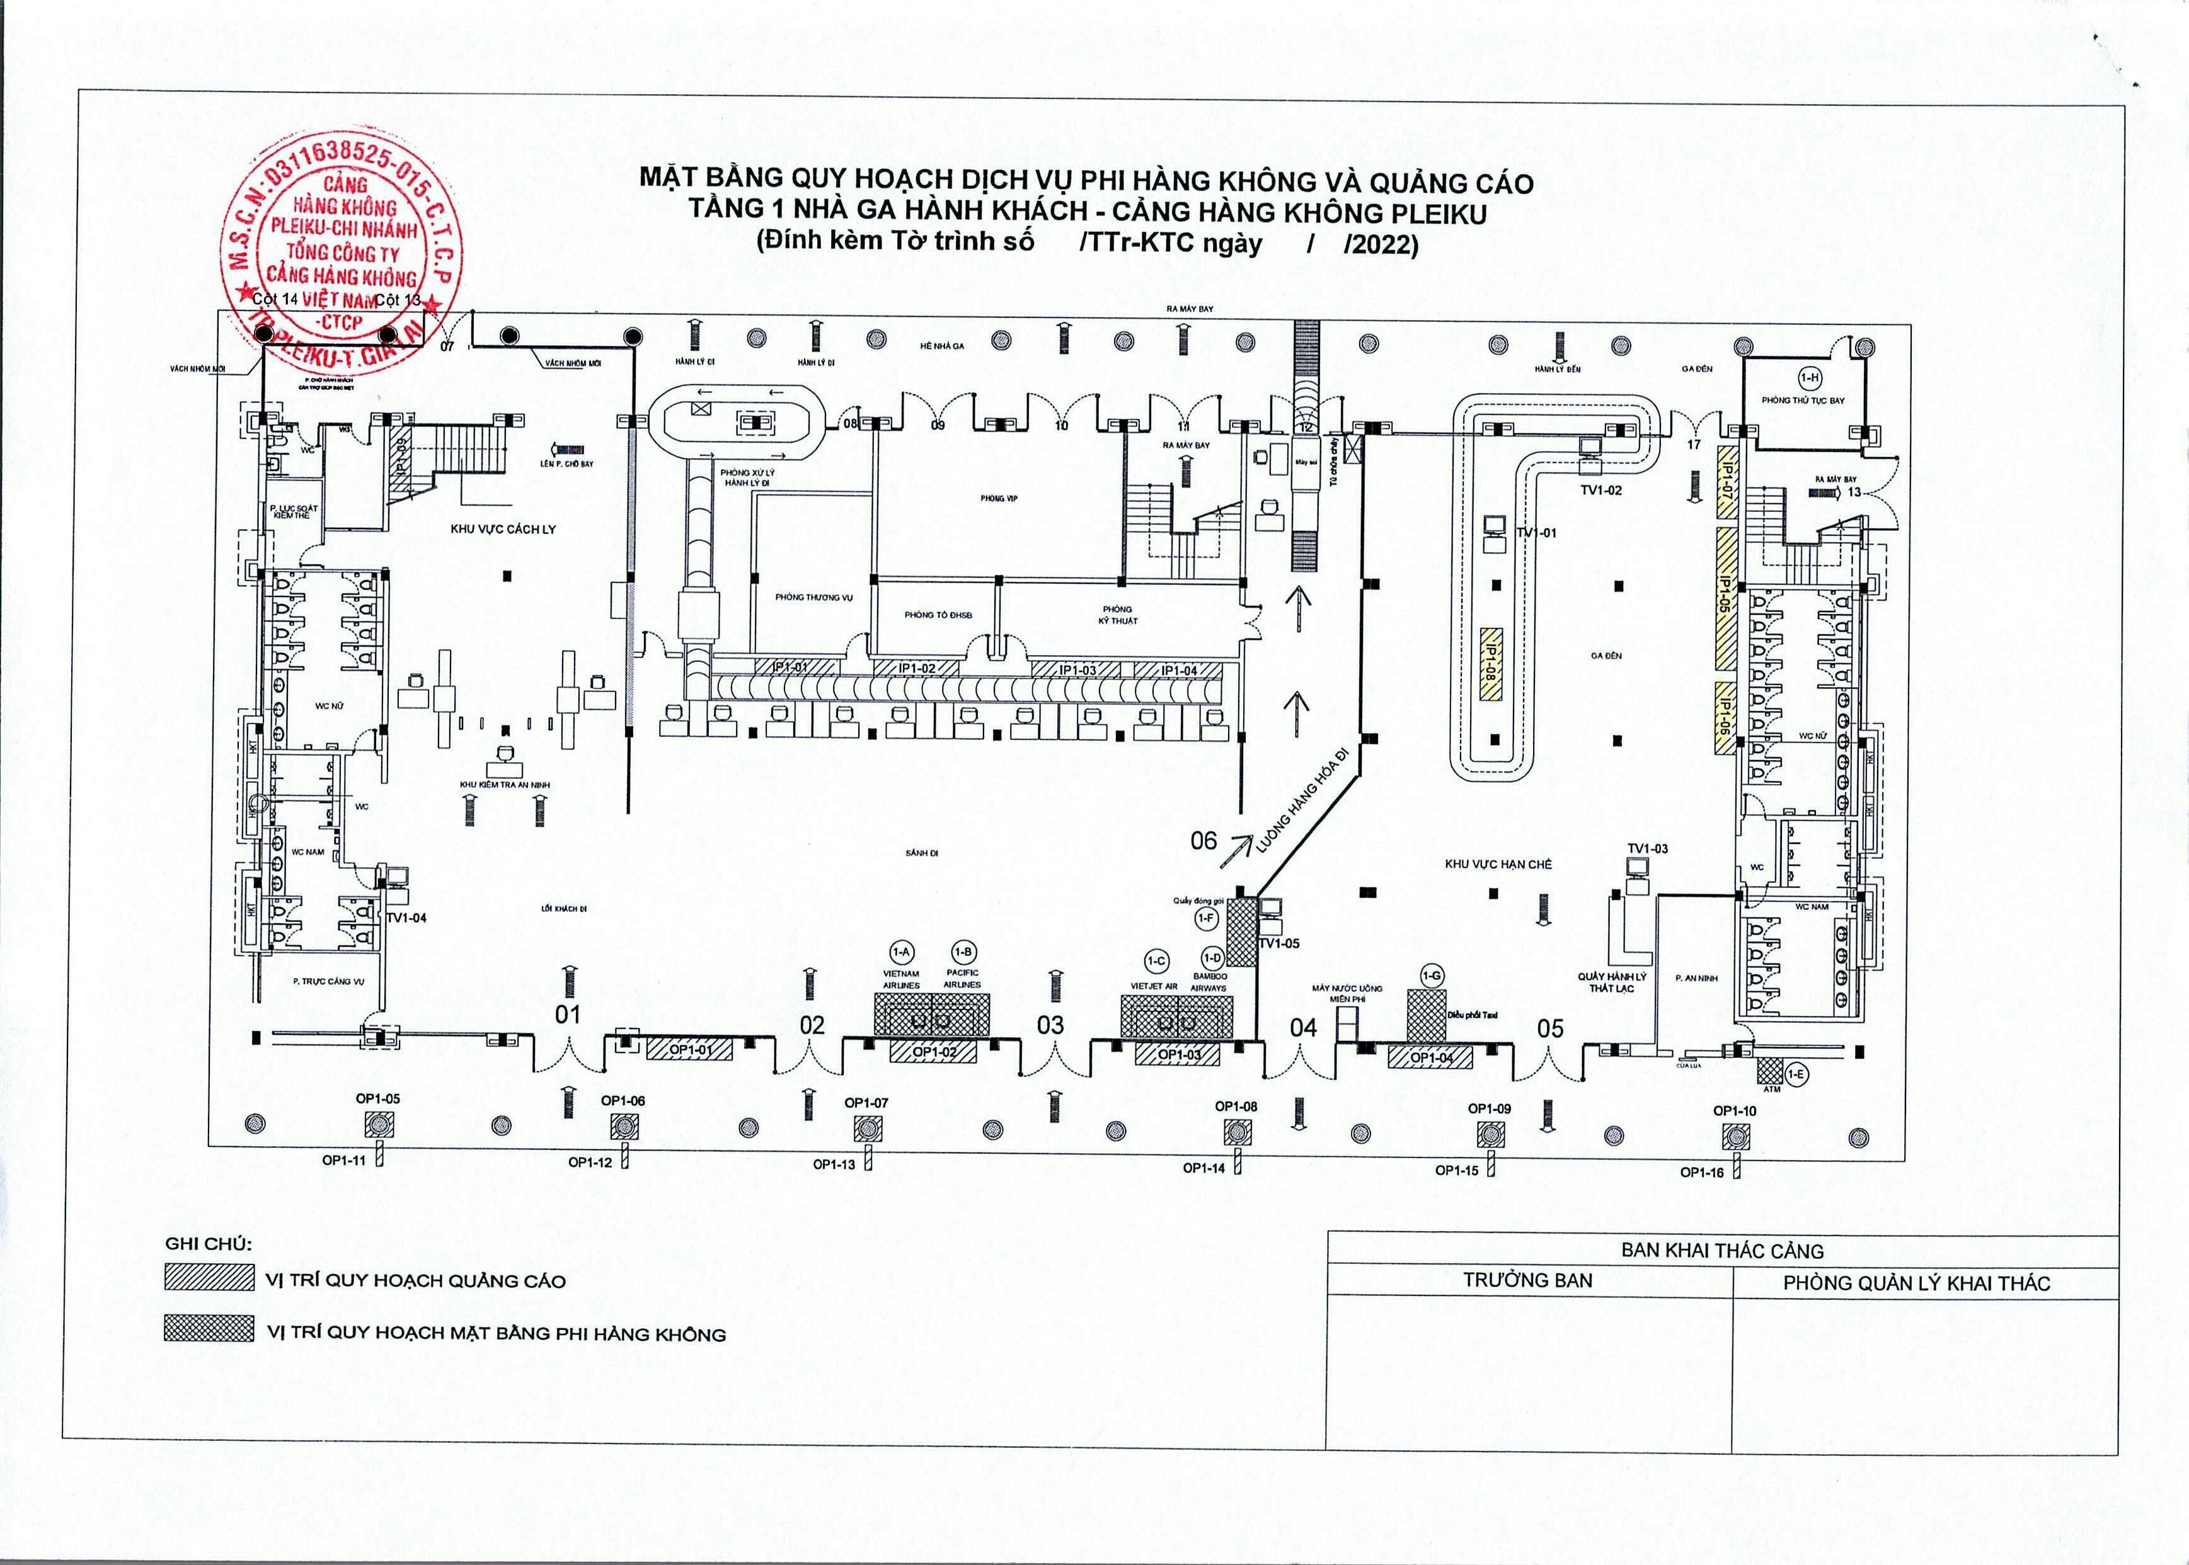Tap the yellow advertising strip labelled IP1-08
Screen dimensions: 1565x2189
(1490, 663)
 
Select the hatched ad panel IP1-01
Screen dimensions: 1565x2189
(790, 667)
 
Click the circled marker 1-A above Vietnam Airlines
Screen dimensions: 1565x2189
(901, 953)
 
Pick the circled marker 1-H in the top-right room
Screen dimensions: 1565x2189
(1810, 378)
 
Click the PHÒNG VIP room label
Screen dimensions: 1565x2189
(999, 498)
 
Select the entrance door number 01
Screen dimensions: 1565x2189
(568, 1014)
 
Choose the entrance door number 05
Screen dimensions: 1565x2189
(1550, 1028)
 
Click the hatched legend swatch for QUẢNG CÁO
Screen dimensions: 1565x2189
(209, 1278)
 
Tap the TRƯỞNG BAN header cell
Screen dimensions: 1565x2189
(1528, 1281)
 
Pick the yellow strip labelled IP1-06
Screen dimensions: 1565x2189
(1725, 717)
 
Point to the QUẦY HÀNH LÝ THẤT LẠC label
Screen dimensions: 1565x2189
(1612, 982)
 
